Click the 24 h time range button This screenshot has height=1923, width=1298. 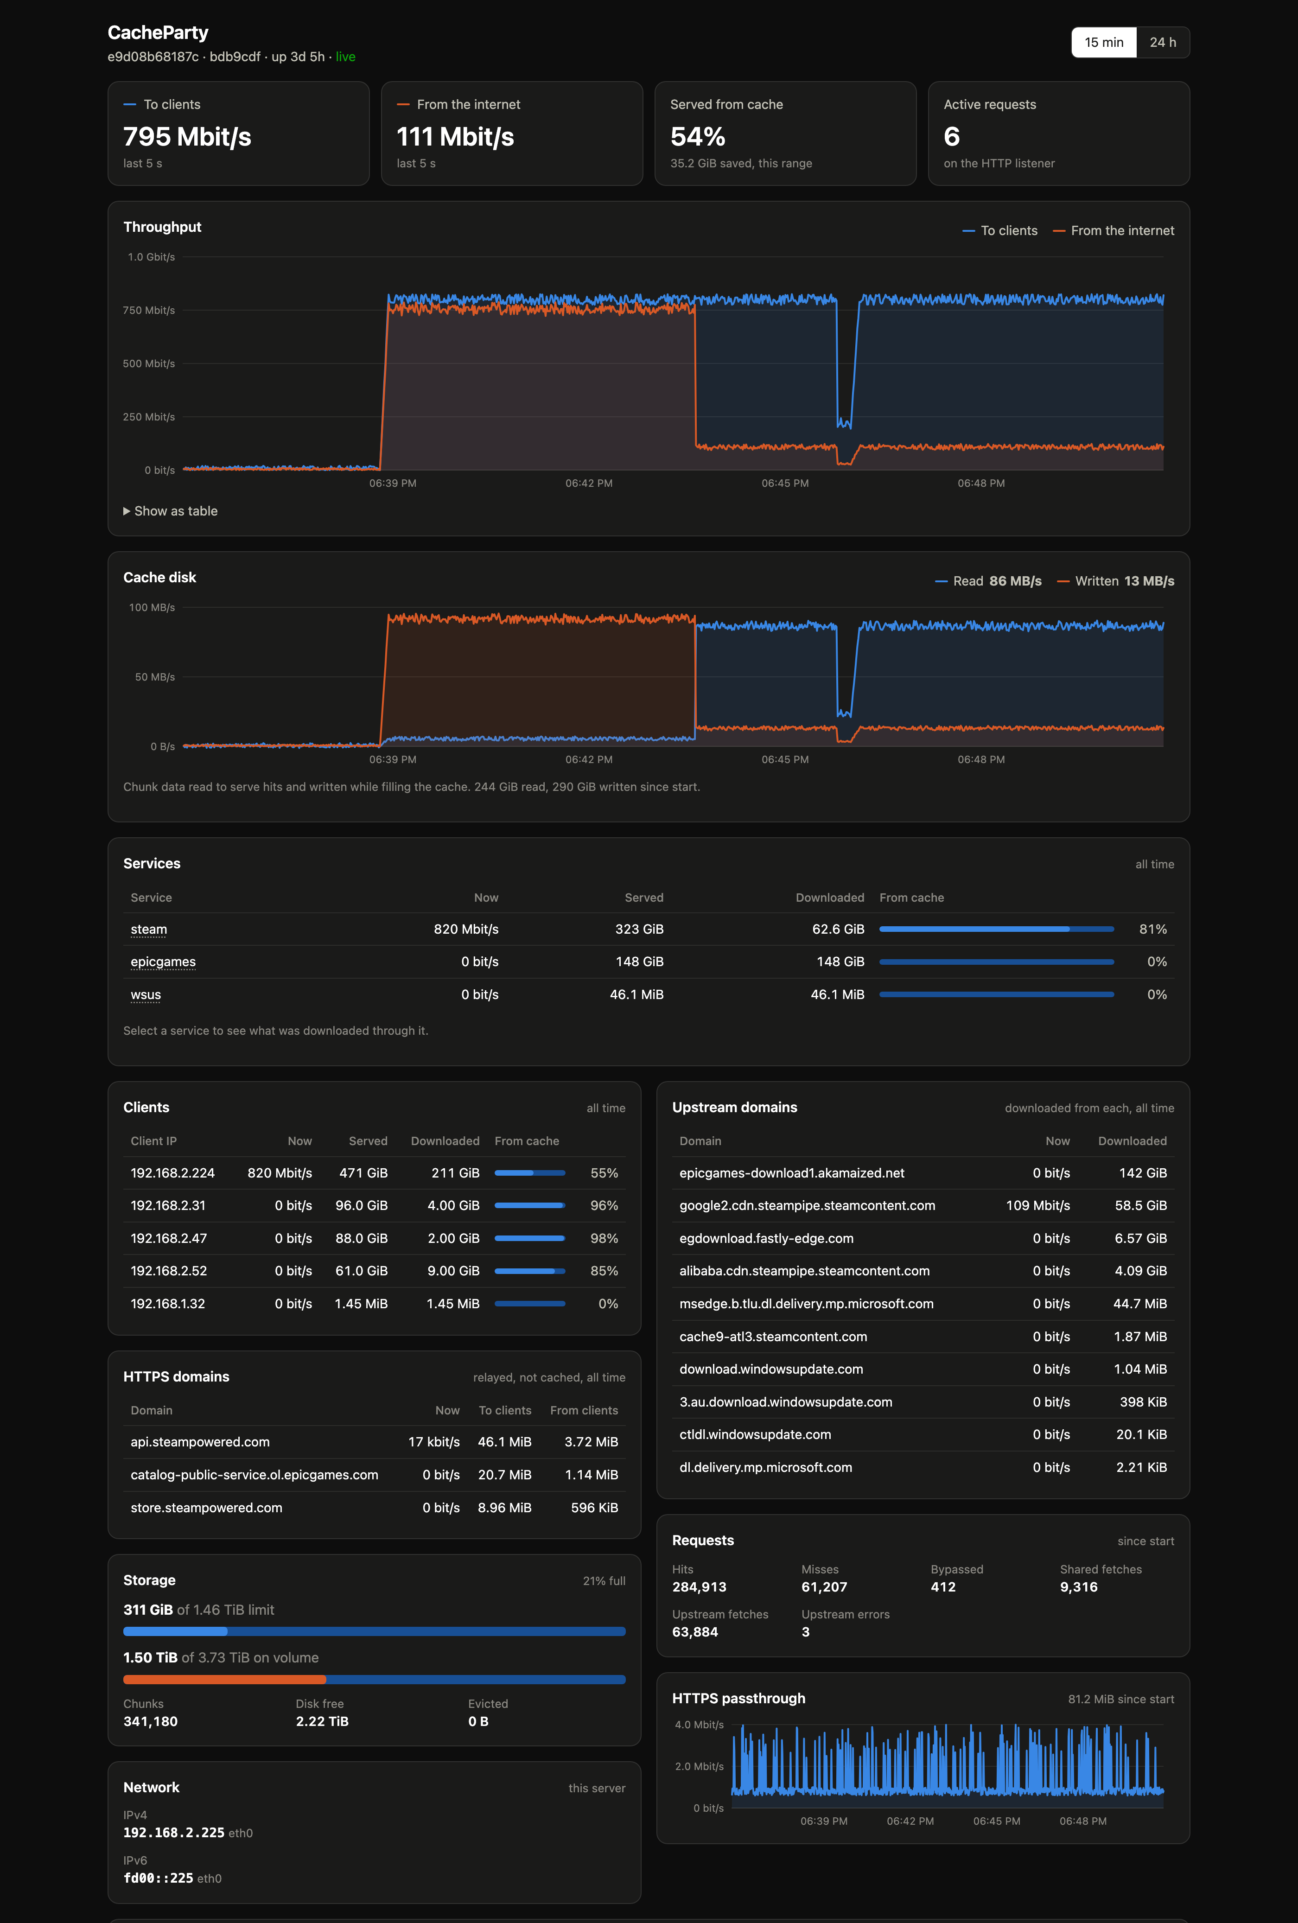tap(1162, 42)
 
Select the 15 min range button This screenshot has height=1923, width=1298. tap(1104, 42)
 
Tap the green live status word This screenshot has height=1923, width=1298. tap(346, 57)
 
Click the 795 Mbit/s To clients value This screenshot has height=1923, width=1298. tap(187, 137)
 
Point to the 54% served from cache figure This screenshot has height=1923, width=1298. tap(697, 137)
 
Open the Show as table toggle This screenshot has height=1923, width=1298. tap(171, 511)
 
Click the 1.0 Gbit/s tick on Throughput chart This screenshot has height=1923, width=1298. tap(152, 257)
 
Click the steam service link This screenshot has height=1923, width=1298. tap(149, 929)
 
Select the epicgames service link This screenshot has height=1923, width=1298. tap(163, 961)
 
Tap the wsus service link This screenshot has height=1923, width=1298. tap(146, 994)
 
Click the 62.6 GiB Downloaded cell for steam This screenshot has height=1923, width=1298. tap(838, 929)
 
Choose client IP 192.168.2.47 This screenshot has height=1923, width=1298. tap(169, 1239)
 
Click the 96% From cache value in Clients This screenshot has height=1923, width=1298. tap(604, 1206)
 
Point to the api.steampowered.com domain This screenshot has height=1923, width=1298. tap(200, 1442)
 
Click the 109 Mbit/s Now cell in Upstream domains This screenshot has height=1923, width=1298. tap(1037, 1206)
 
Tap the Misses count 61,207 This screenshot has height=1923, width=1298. tap(824, 1587)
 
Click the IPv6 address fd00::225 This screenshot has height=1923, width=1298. tap(158, 1878)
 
